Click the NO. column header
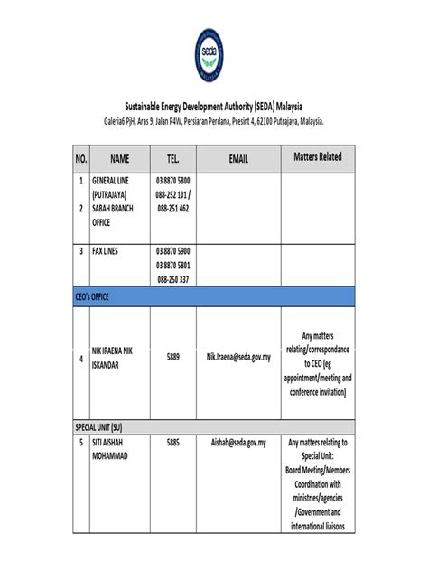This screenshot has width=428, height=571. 80,159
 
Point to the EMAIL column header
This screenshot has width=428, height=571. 238,159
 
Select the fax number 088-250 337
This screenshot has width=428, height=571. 173,279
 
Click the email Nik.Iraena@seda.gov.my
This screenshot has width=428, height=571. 238,358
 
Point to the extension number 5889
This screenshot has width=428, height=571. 173,358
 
